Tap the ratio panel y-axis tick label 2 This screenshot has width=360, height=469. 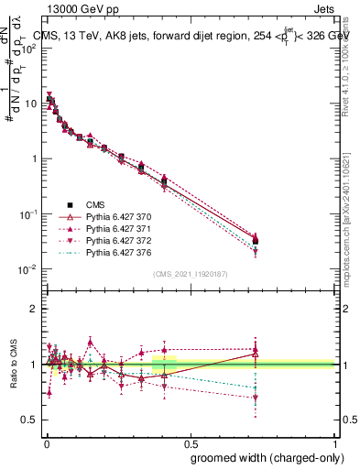(x=34, y=309)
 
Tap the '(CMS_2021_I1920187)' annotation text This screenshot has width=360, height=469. (x=189, y=274)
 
